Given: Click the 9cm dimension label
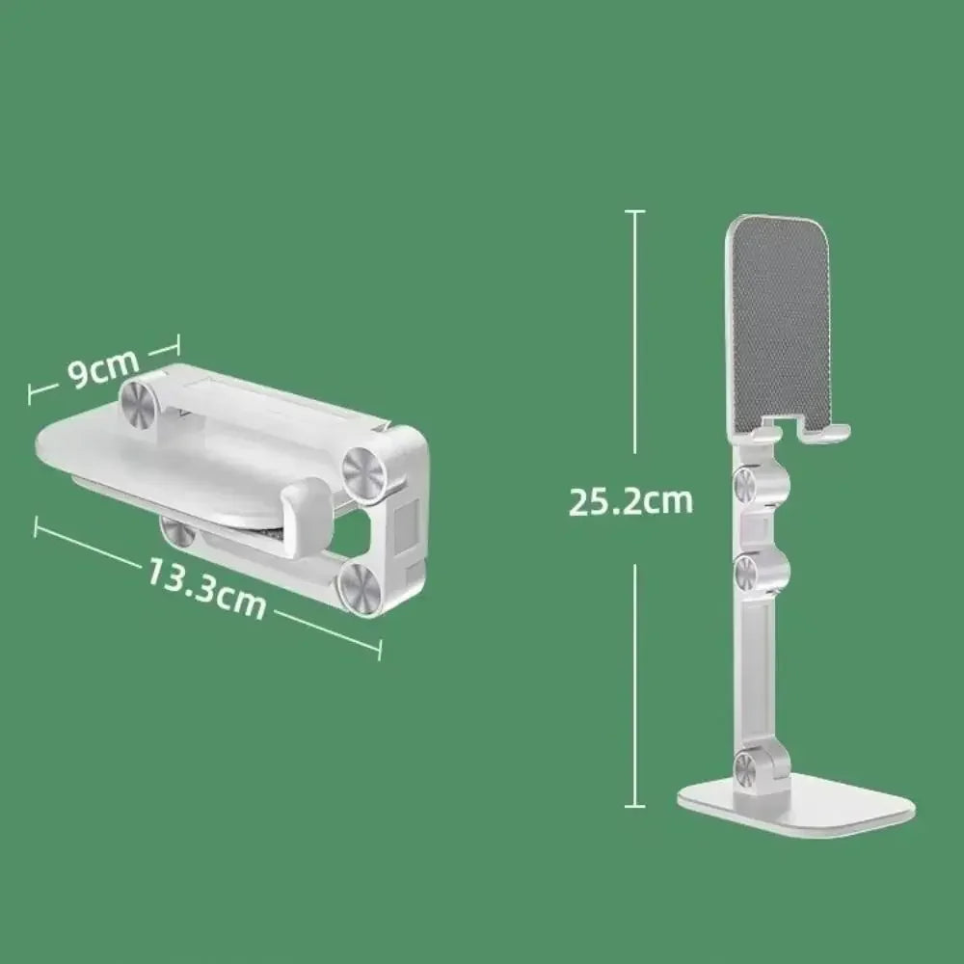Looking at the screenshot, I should (x=104, y=371).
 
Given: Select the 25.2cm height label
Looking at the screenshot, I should (x=630, y=501).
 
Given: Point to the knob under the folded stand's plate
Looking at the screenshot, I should (x=174, y=529).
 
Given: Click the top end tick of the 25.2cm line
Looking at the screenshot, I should (x=633, y=211).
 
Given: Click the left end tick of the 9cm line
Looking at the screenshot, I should (x=32, y=391).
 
